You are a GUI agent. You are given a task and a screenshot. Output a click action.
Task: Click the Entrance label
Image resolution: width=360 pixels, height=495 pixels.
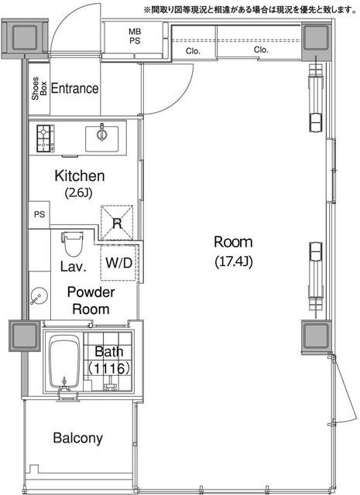coord(74,88)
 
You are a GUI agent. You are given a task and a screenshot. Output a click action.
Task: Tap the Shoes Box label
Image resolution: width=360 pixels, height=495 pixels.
coord(39,88)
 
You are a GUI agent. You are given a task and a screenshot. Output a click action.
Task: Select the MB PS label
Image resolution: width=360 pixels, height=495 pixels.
coord(135,36)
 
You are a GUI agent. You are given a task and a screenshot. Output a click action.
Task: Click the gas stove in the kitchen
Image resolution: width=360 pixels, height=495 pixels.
coord(45,138)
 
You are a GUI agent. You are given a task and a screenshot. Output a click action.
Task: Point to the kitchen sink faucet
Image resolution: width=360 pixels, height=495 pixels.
coord(101,132)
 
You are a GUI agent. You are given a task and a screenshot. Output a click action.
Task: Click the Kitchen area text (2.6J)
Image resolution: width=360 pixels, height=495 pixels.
coord(79,193)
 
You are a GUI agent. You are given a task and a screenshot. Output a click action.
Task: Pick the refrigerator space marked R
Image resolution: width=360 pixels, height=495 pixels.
coord(117,223)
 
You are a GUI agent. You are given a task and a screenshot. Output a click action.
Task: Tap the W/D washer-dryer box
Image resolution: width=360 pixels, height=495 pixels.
coord(119,262)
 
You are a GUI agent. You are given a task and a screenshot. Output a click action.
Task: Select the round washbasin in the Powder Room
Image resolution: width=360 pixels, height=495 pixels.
coord(39,295)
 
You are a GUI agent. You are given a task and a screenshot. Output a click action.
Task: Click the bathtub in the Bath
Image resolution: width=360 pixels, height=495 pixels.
coord(64,362)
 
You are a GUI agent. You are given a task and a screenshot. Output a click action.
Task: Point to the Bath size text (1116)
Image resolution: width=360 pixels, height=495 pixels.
coord(108,368)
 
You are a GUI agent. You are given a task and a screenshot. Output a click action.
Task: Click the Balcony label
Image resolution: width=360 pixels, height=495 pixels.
coord(77,439)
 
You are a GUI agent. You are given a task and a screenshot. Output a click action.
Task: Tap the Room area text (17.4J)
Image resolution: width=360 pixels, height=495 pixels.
coord(234,261)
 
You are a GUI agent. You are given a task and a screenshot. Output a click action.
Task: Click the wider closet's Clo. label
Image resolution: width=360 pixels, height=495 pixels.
coord(261,49)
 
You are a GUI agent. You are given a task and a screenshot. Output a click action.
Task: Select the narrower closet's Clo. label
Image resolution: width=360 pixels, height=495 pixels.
coord(193,51)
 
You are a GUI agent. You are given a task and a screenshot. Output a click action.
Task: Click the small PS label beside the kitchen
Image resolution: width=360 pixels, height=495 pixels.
coord(39,215)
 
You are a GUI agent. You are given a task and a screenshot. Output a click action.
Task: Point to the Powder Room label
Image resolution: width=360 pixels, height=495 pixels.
coord(91,301)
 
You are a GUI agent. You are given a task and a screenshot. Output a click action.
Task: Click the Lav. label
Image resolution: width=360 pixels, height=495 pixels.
coord(74,266)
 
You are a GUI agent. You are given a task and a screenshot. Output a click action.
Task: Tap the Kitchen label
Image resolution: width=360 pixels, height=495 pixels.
coord(80,176)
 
